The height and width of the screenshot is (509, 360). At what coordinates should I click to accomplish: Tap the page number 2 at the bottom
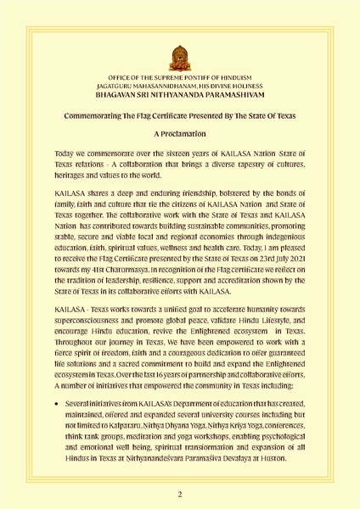pyautogui.click(x=180, y=493)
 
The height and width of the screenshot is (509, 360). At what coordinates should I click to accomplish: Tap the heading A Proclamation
pyautogui.click(x=180, y=134)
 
